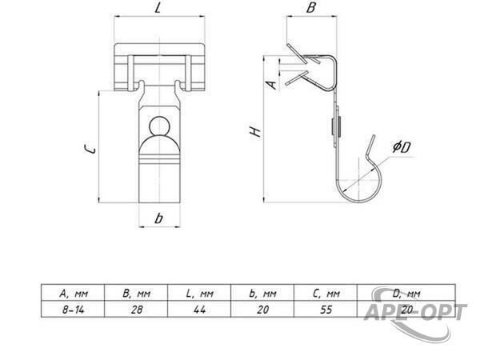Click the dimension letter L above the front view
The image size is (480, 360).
[x=158, y=8]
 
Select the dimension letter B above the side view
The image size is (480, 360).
[x=310, y=8]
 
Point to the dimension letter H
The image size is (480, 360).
[x=256, y=132]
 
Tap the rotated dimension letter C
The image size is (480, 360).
[x=90, y=149]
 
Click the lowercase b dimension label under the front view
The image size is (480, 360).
[x=159, y=218]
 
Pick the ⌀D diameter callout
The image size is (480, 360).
[x=402, y=147]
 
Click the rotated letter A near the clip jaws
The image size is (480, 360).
[x=271, y=85]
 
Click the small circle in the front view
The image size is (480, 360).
[x=159, y=126]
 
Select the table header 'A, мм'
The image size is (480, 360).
[x=74, y=294]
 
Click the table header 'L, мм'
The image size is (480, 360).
[x=199, y=294]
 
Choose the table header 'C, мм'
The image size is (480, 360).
[x=326, y=294]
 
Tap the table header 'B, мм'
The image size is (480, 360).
[x=137, y=294]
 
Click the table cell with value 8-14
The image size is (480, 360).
[x=73, y=310]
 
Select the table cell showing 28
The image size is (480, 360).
[x=137, y=310]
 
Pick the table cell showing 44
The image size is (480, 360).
[x=199, y=310]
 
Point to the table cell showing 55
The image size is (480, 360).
[x=326, y=310]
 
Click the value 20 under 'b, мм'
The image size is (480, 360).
[x=263, y=310]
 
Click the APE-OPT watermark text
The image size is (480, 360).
[x=415, y=312]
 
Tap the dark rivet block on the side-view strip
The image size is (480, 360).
[x=336, y=126]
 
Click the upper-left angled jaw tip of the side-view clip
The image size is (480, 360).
[x=288, y=45]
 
